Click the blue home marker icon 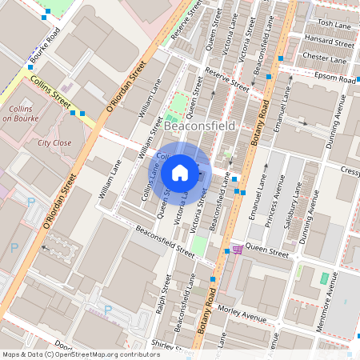[180, 172]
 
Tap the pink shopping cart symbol [237, 250]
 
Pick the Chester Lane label [324, 58]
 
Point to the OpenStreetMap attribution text [81, 354]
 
